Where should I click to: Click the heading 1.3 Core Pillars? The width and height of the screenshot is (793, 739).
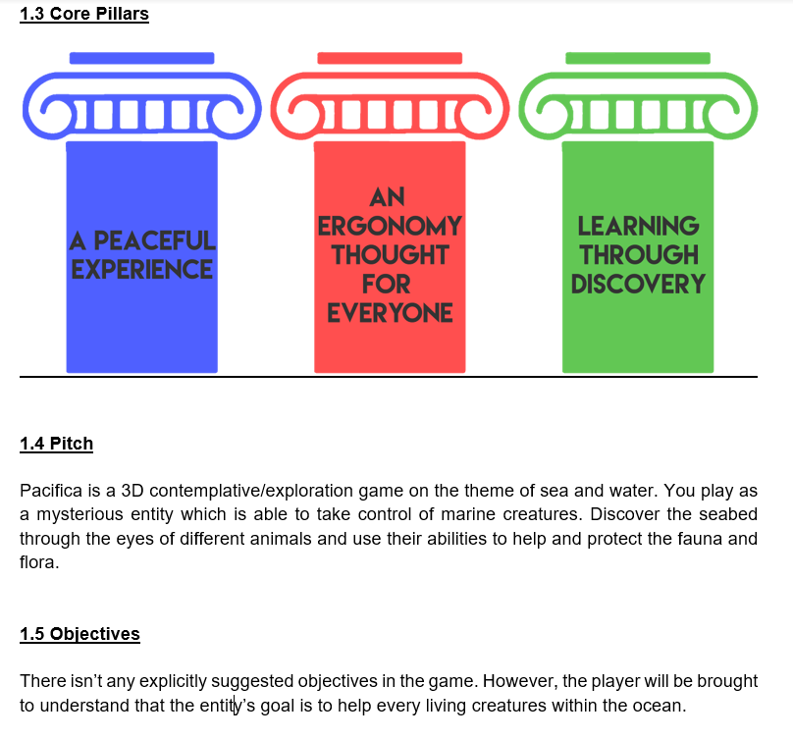pos(84,14)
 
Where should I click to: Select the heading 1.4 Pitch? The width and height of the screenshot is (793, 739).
pos(56,444)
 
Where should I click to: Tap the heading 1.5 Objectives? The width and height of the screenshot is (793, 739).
pos(79,634)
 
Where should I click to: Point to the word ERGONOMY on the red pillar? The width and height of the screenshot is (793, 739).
pos(390,226)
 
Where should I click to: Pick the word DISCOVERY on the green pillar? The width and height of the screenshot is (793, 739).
pos(638,284)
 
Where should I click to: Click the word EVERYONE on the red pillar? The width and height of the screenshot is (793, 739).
pos(390,313)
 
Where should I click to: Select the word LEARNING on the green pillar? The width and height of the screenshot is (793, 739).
pos(638,226)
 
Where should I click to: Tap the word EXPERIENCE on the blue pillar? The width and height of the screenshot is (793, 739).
pos(141,269)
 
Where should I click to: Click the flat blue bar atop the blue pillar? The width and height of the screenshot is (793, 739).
pos(141,58)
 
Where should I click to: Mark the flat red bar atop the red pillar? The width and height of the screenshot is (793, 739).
pos(390,58)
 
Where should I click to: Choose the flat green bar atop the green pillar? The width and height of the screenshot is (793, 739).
pos(638,58)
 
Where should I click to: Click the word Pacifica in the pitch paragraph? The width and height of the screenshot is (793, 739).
pos(50,489)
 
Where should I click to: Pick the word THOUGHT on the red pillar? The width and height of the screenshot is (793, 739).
pos(390,255)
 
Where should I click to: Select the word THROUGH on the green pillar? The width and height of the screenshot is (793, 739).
pos(638,255)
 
